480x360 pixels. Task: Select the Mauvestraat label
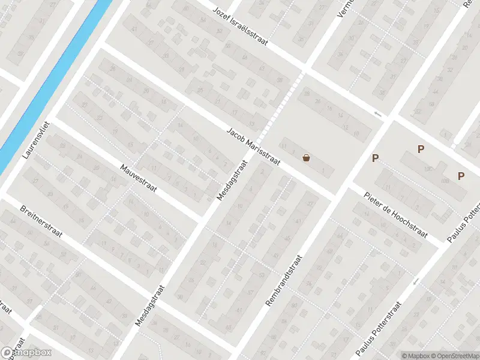(x=138, y=179)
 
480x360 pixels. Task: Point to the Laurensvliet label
(x=35, y=139)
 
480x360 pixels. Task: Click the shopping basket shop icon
(x=307, y=158)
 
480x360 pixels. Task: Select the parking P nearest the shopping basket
(x=376, y=158)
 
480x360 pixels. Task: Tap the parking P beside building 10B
(x=461, y=176)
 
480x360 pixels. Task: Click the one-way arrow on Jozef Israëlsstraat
(x=377, y=114)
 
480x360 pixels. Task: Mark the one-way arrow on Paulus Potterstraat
(x=415, y=281)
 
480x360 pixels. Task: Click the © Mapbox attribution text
(x=416, y=355)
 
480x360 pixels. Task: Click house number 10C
(x=428, y=170)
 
